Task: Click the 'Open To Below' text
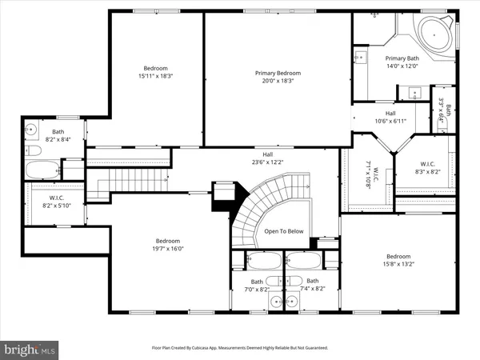click(x=285, y=231)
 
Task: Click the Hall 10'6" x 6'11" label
click(x=390, y=117)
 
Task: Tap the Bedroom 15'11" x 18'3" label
click(x=154, y=71)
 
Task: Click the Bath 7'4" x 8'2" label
click(x=312, y=284)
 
